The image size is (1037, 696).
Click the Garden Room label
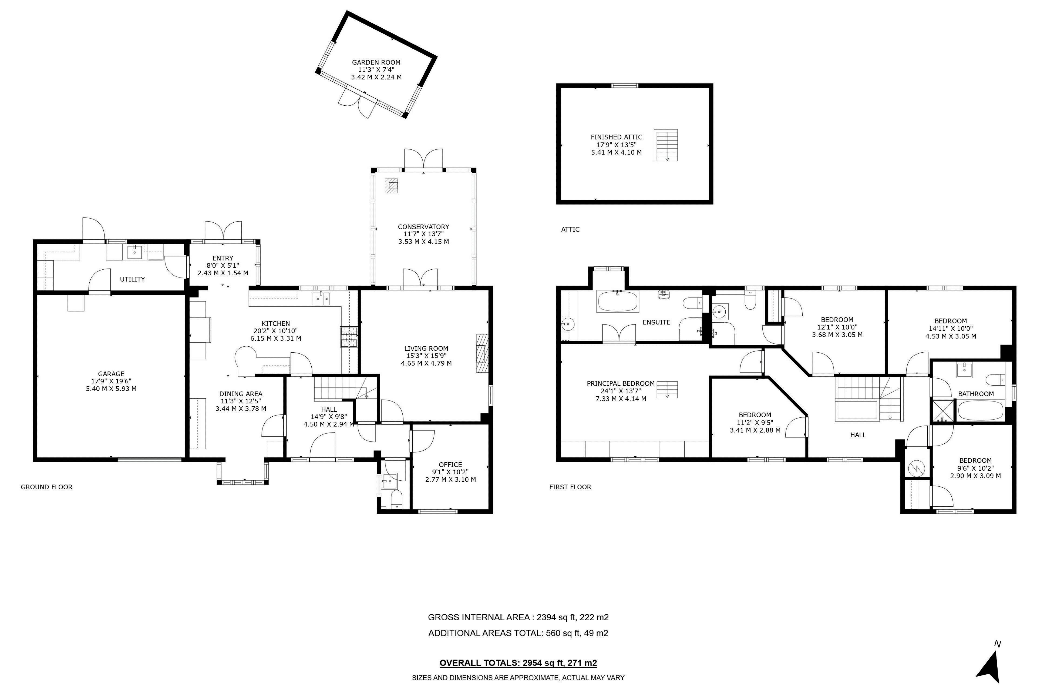[376, 63]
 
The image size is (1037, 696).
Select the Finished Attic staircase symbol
[666, 145]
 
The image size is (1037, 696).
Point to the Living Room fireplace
[482, 353]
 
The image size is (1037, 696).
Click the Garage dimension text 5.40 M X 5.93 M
[111, 389]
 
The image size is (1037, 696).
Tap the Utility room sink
[135, 252]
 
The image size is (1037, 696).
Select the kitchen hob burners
[349, 337]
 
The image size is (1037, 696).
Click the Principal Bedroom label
[621, 383]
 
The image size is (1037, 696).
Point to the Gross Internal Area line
[518, 617]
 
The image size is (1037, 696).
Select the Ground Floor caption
[46, 487]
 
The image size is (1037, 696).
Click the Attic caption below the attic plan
[570, 229]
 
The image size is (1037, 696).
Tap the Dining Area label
[241, 394]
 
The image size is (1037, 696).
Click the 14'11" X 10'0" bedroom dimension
[951, 329]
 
